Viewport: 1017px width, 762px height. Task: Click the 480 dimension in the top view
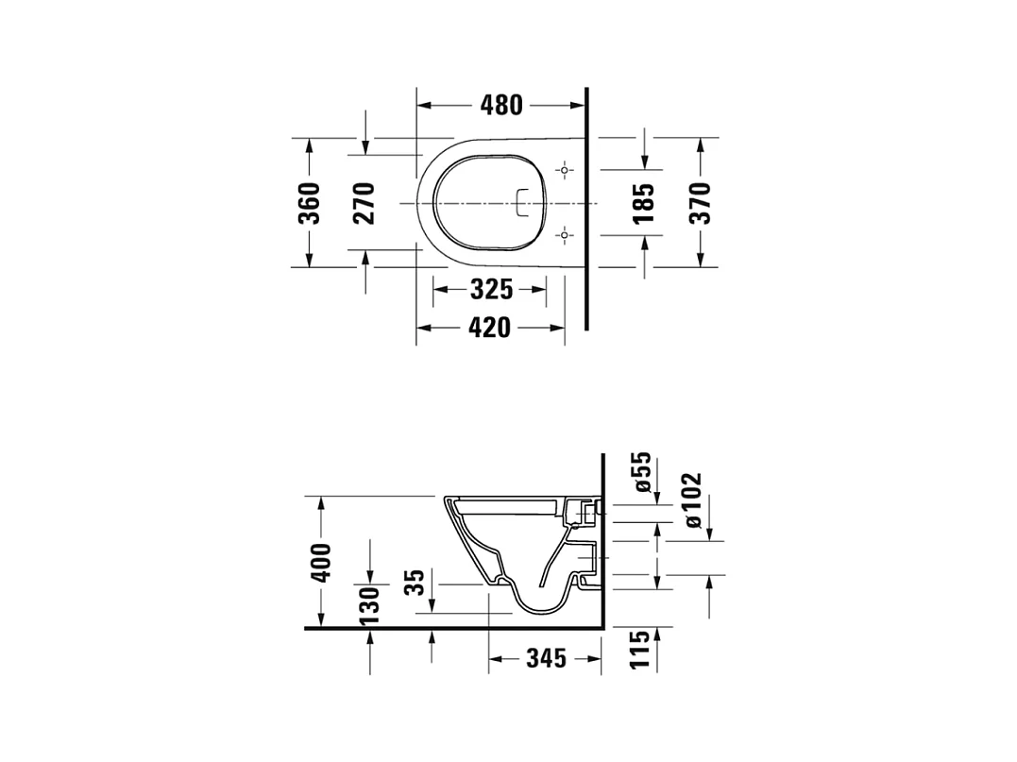(x=501, y=105)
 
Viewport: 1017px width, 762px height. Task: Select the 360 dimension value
(x=310, y=203)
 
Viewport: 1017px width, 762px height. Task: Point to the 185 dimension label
(x=643, y=203)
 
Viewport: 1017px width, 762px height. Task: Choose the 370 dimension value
(x=700, y=203)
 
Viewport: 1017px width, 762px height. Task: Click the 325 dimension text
(x=492, y=289)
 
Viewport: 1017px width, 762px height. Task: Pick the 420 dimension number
(x=490, y=328)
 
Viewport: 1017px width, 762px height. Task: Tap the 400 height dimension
(x=321, y=563)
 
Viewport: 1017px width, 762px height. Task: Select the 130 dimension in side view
(x=369, y=605)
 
